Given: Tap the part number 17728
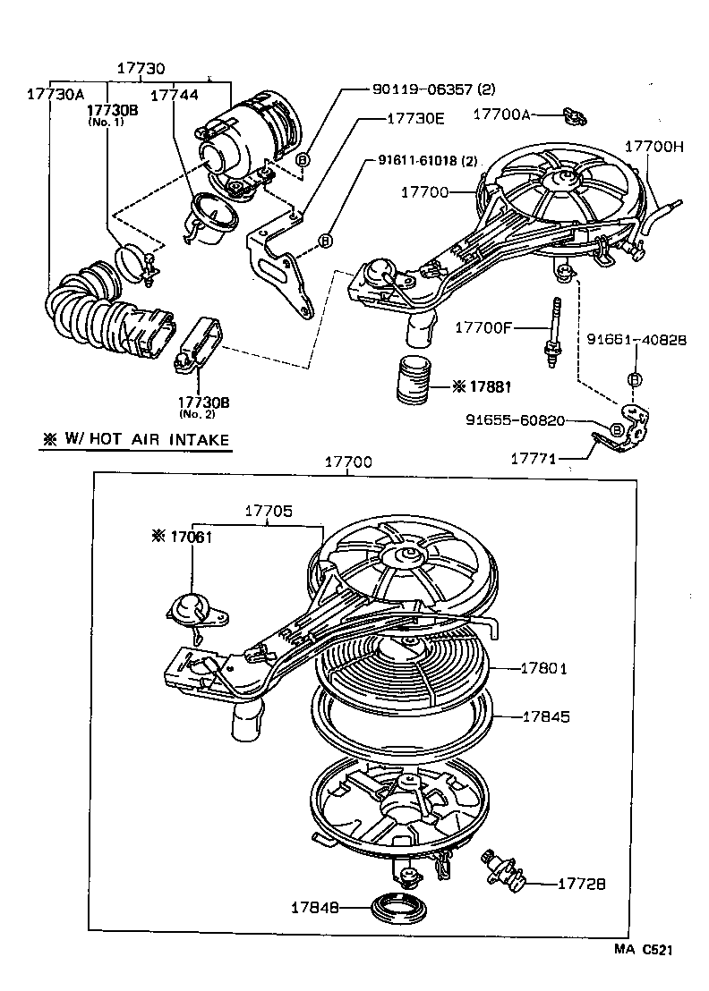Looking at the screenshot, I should [581, 884].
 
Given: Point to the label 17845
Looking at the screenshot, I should [545, 716].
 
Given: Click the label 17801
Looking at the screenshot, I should [545, 667].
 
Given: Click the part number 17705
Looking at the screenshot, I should [269, 512].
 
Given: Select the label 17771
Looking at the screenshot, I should [533, 459].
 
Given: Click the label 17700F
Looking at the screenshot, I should [483, 327].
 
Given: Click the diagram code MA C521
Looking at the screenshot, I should [642, 951].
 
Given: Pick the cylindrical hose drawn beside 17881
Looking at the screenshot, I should [414, 382].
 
